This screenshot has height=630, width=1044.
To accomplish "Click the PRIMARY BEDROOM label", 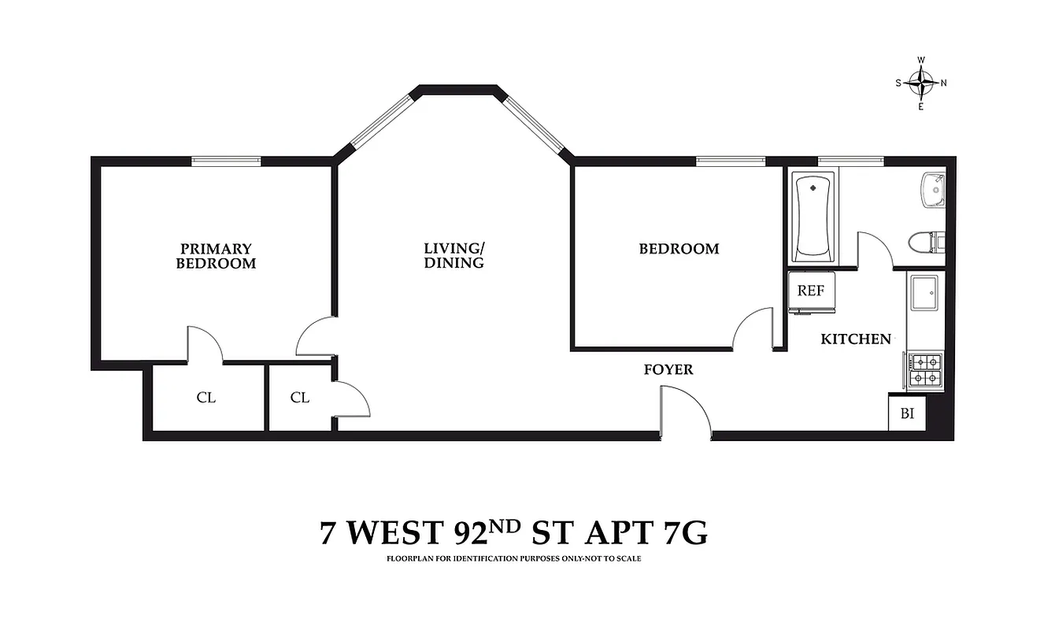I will [x=216, y=256].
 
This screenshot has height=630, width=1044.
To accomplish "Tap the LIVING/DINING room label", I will [x=454, y=256].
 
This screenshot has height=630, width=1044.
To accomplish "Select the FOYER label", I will [x=668, y=369].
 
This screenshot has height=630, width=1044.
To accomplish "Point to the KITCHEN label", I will [x=856, y=339].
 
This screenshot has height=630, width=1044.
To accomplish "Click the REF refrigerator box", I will [x=810, y=291].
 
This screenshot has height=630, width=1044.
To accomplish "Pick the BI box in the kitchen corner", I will [x=907, y=413].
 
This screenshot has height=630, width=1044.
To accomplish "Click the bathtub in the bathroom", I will [x=813, y=217].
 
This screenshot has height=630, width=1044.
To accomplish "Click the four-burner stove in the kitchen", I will [x=925, y=370].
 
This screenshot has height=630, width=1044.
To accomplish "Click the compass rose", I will [x=920, y=83].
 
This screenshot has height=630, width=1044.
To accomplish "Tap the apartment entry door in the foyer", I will [x=685, y=411].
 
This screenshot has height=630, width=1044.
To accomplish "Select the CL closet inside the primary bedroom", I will [x=206, y=398].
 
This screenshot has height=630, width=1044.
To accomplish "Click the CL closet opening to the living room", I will [x=299, y=398].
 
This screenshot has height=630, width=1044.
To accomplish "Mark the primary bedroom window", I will [x=227, y=161].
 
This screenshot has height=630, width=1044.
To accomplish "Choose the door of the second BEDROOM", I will [x=753, y=330].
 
